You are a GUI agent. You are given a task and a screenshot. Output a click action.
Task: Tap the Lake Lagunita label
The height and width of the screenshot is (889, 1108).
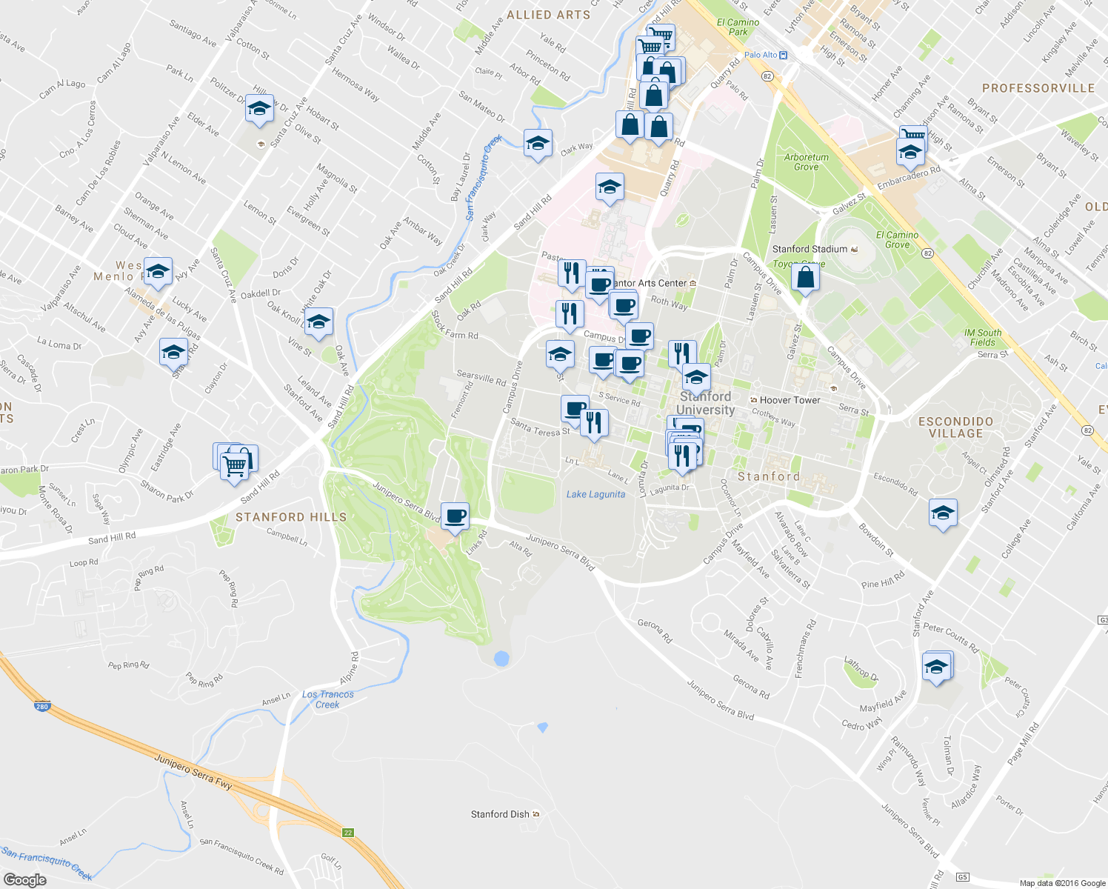coord(595,494)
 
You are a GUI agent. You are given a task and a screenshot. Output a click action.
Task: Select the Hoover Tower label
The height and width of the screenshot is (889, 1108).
coord(790,400)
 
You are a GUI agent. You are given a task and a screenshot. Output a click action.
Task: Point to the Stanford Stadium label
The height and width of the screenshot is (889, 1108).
coord(810,249)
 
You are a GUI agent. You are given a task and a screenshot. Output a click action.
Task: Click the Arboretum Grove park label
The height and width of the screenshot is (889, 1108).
coord(807,162)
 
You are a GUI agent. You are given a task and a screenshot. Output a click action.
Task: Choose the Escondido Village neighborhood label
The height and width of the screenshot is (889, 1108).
coord(955,427)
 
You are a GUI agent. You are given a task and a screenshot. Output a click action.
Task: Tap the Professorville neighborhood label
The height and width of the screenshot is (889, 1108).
coord(1038,88)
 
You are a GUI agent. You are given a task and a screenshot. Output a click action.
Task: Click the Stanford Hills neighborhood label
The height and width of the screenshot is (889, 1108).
coord(290,517)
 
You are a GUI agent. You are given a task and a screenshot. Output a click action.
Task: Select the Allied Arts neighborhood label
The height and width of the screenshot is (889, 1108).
coord(548,15)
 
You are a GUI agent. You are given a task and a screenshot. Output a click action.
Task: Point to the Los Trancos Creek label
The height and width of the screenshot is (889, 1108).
coord(328,699)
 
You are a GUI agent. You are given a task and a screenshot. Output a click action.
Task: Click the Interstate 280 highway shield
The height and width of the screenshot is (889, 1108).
coord(42,707)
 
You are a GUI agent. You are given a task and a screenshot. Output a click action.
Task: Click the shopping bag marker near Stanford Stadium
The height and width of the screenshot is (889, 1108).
coord(805,278)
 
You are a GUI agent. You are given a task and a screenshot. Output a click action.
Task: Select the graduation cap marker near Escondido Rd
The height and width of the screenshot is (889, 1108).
coord(943,513)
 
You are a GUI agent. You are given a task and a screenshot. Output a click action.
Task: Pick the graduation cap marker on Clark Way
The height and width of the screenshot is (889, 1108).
coord(538,143)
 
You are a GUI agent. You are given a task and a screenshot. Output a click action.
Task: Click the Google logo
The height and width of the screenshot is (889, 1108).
coord(24,879)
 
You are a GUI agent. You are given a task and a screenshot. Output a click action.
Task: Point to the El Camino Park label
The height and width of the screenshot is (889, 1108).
coord(738,27)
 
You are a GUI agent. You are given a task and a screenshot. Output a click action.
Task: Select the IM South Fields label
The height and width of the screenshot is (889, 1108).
coord(983,337)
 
